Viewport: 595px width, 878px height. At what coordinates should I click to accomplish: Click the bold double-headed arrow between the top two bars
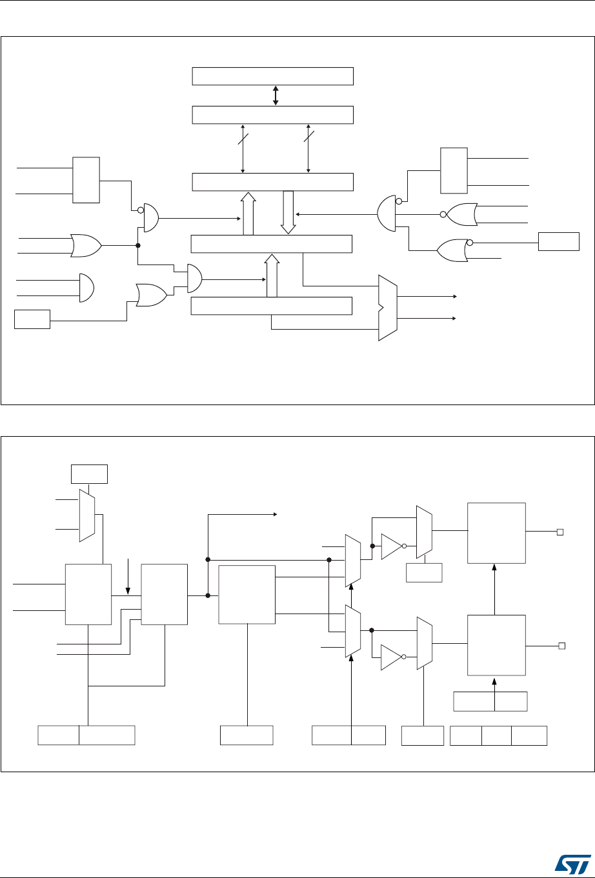tap(276, 95)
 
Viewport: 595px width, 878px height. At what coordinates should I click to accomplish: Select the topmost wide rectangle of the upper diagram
tap(273, 75)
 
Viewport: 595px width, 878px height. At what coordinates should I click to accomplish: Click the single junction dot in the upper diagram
tap(138, 245)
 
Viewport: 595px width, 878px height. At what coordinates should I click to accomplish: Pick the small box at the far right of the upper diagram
tap(559, 242)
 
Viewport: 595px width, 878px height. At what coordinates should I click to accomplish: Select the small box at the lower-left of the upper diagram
tap(32, 319)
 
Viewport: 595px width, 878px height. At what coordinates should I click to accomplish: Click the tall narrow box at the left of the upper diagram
tap(86, 179)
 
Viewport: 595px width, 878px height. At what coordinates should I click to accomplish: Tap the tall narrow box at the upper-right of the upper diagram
tap(454, 170)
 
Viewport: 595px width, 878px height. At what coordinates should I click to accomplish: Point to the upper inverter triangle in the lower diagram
tap(392, 545)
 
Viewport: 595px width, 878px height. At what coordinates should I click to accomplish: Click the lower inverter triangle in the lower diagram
tap(392, 657)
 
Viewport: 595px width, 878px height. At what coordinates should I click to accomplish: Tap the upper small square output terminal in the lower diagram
tap(560, 532)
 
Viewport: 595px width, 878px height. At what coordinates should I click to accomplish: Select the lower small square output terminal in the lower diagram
tap(560, 645)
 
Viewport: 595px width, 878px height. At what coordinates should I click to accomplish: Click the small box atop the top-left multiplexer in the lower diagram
tap(89, 474)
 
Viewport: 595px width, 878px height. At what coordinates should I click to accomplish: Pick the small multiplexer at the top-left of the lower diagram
tap(86, 515)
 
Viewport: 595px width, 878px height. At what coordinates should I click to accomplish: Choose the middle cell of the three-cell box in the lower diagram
tap(496, 736)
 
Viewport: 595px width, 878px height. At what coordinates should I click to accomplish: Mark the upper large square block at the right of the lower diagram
tap(496, 532)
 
